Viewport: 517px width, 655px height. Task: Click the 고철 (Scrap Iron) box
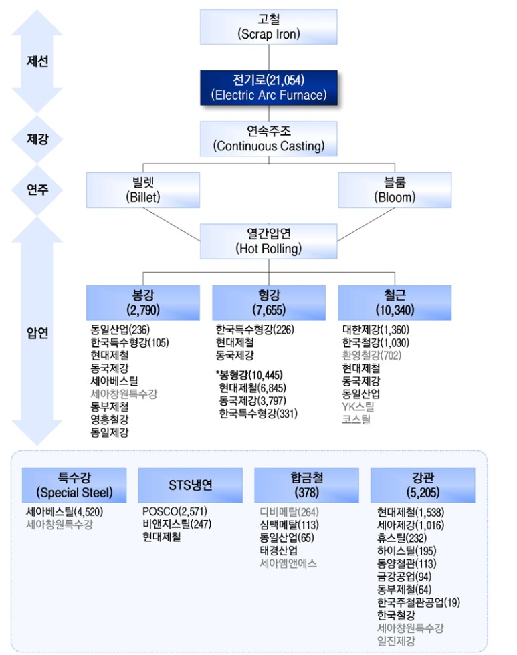[268, 27]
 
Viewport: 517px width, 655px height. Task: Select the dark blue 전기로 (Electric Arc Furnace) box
[268, 87]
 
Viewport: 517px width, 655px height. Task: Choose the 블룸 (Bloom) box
[395, 190]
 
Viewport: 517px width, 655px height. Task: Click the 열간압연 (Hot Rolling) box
[268, 241]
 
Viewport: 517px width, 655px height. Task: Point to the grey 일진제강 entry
[396, 640]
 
